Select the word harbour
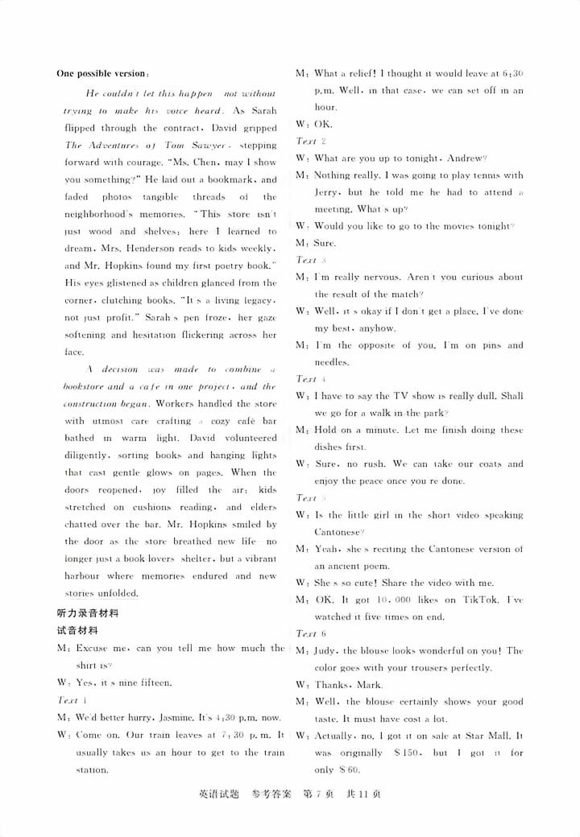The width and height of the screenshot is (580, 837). point(83,576)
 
